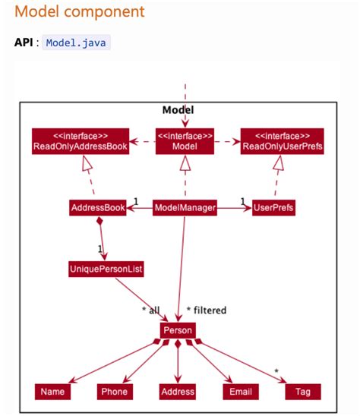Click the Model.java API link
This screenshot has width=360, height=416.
click(77, 43)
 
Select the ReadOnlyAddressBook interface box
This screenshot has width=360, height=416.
click(80, 141)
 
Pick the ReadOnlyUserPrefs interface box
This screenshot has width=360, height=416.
click(283, 141)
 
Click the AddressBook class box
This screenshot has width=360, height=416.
click(96, 207)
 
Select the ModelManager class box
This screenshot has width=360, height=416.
click(185, 207)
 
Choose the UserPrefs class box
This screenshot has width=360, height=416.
click(273, 207)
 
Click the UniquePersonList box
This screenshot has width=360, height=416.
click(106, 269)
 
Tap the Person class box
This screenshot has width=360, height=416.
click(178, 330)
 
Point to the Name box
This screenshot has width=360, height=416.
click(53, 392)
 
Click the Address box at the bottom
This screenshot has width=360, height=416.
click(178, 392)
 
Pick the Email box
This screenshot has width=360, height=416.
click(237, 392)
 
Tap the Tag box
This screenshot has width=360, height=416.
click(302, 392)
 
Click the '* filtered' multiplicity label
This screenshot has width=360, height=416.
click(207, 310)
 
